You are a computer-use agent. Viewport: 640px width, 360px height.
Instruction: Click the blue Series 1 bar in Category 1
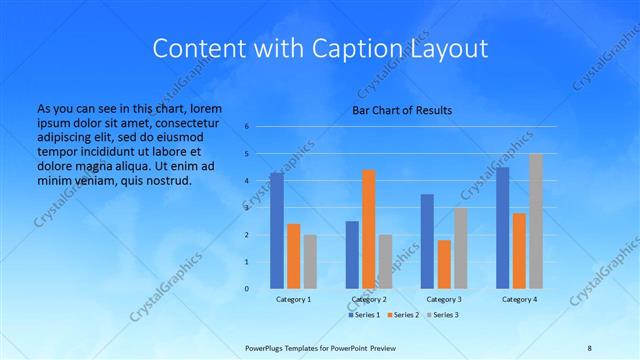click(276, 231)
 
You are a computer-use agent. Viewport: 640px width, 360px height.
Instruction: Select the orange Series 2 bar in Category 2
click(369, 229)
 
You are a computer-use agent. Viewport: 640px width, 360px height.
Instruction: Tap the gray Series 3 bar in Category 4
click(536, 221)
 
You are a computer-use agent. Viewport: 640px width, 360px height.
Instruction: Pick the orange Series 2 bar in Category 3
click(444, 264)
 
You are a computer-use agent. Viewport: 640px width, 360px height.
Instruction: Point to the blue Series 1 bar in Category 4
click(502, 228)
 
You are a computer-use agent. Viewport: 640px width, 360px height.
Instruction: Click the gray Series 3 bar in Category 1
click(310, 261)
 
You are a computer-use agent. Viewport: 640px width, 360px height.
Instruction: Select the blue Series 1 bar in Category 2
click(352, 255)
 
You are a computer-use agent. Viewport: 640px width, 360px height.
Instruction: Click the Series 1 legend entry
click(362, 315)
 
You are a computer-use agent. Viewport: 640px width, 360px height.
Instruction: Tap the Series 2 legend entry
click(402, 315)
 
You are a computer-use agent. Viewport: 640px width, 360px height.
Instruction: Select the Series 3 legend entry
click(443, 315)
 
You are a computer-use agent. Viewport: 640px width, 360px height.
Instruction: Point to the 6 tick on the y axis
click(247, 127)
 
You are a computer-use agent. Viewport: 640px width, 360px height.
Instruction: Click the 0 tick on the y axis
click(247, 289)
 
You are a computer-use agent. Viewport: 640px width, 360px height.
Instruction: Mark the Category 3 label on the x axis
click(444, 299)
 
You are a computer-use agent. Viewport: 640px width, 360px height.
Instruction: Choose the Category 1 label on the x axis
click(293, 299)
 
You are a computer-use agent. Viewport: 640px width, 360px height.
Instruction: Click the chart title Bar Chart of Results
click(401, 110)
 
